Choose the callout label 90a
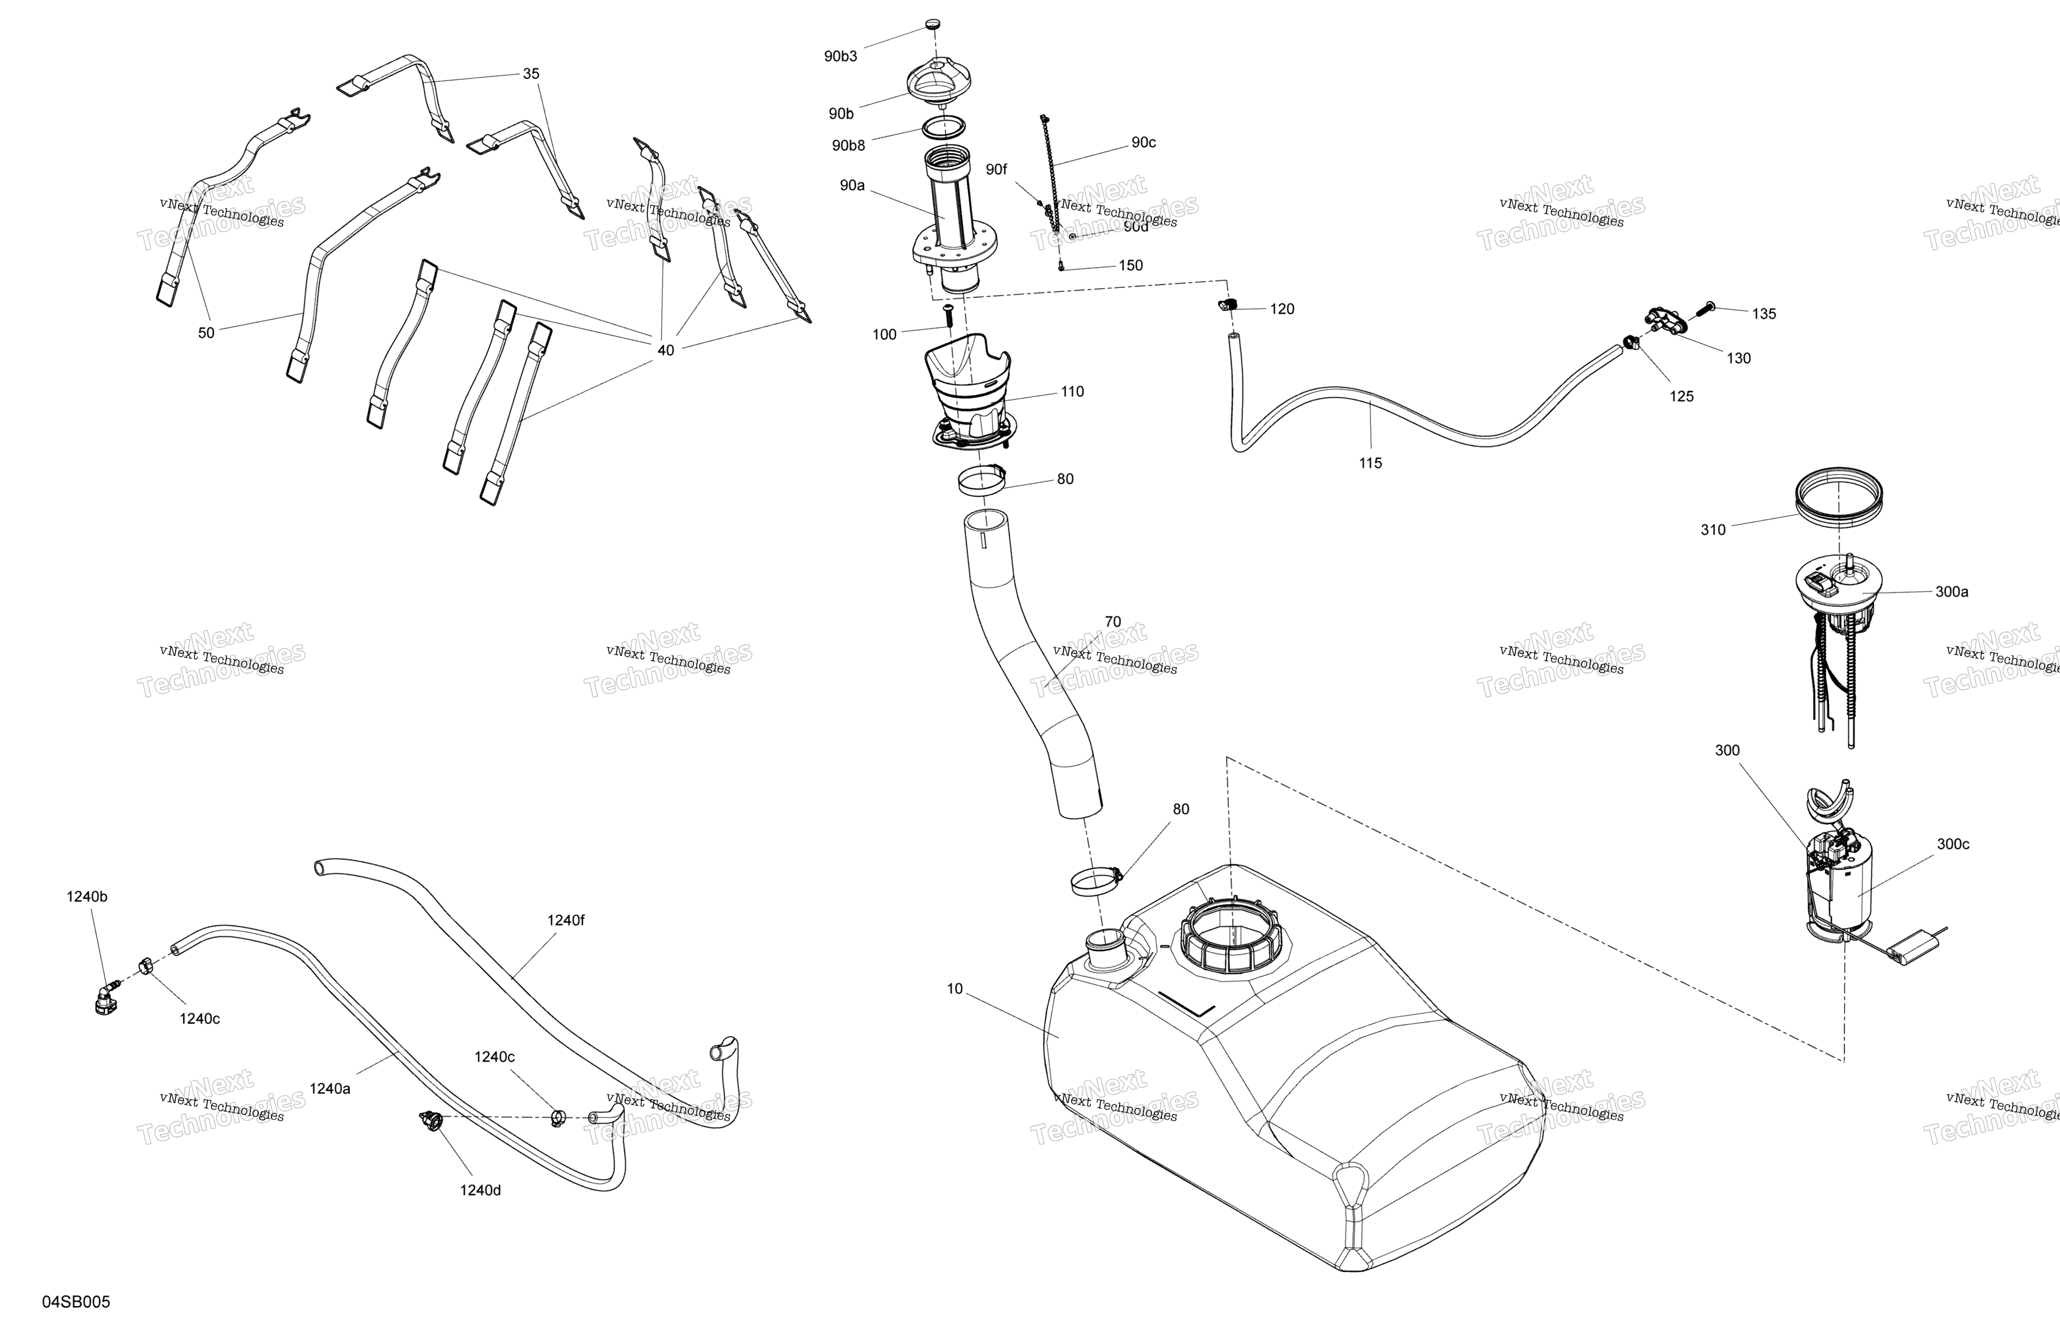click(x=852, y=185)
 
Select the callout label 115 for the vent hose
click(x=1370, y=463)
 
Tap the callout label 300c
click(x=1953, y=844)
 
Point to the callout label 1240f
click(x=565, y=921)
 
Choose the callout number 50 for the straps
click(x=206, y=332)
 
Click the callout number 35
click(x=531, y=73)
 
